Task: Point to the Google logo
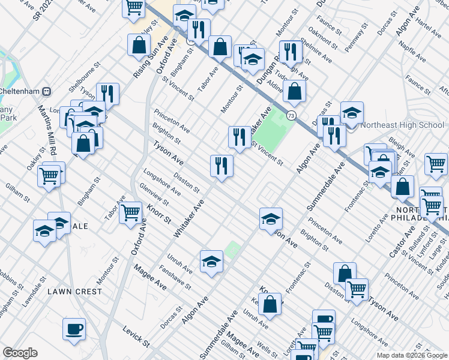(20, 353)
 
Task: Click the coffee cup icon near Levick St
(74, 329)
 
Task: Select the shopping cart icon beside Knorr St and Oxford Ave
(130, 212)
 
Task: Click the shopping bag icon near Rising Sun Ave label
(139, 44)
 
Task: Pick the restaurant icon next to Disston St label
(221, 166)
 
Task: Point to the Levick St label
(136, 337)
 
